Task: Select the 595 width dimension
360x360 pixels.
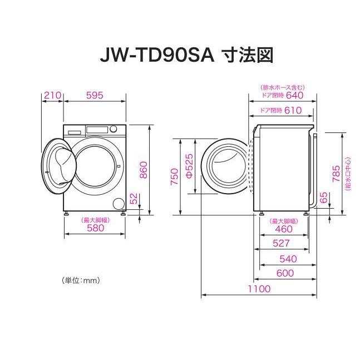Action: click(x=95, y=95)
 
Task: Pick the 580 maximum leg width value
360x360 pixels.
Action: click(x=94, y=228)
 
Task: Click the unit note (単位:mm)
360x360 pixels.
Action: click(x=81, y=280)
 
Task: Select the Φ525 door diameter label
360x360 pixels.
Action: click(x=189, y=166)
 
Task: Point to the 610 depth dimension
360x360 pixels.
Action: click(x=292, y=110)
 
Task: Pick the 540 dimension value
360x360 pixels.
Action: click(x=288, y=259)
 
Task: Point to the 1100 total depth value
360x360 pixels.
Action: click(x=259, y=289)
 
